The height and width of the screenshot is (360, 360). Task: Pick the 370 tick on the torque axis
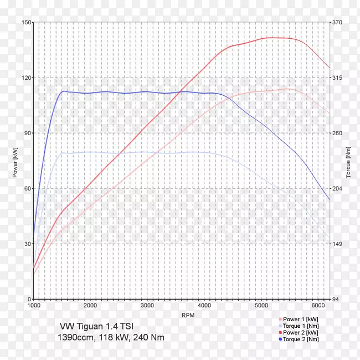[x=338, y=22]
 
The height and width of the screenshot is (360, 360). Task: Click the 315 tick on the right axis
[x=338, y=78]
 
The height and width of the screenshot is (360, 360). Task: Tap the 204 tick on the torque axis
[x=338, y=188]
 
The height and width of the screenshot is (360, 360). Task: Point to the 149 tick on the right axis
[x=338, y=244]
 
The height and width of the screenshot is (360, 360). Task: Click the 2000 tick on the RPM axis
[x=91, y=305]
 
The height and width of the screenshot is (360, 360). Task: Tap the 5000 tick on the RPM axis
[x=261, y=305]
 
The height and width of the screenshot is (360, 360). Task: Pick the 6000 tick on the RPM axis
[x=318, y=305]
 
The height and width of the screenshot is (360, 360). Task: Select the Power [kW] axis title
[x=15, y=161]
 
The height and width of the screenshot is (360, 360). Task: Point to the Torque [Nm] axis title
[x=349, y=161]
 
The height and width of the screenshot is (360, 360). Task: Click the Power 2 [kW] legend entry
[x=300, y=332]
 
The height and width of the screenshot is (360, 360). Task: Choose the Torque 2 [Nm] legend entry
[x=300, y=339]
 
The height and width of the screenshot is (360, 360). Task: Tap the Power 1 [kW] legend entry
[x=300, y=320]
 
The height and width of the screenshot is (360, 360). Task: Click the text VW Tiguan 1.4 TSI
[x=95, y=327]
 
